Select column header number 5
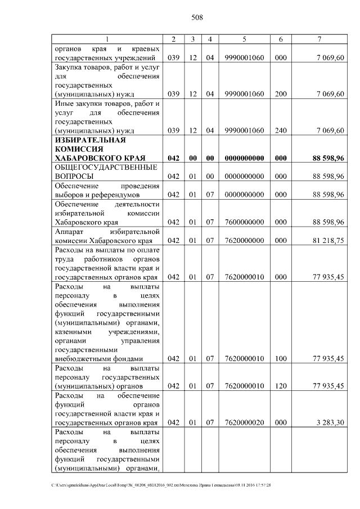[244, 39]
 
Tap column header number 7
[319, 39]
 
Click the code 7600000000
[244, 222]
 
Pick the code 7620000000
[244, 241]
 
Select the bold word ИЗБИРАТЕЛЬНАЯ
[89, 139]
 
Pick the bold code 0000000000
[244, 158]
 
